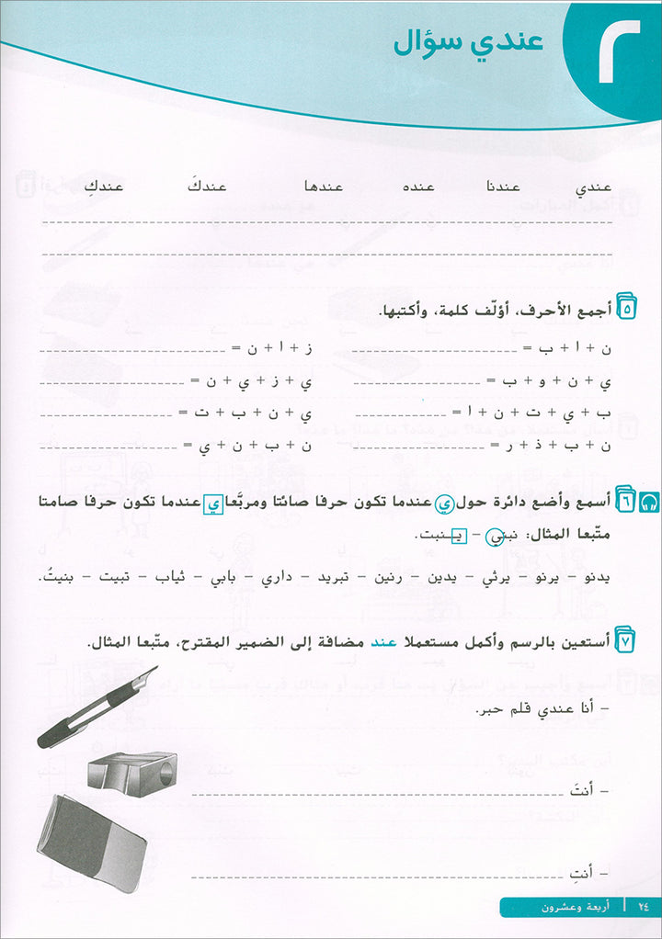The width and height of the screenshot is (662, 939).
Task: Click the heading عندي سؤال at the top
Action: coord(468,43)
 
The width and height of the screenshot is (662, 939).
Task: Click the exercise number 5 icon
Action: coord(628,310)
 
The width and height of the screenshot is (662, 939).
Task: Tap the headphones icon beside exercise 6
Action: coord(651,500)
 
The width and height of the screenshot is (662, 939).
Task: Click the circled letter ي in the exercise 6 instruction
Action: coord(444,502)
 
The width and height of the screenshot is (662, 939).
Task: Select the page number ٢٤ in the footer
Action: coord(642,907)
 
